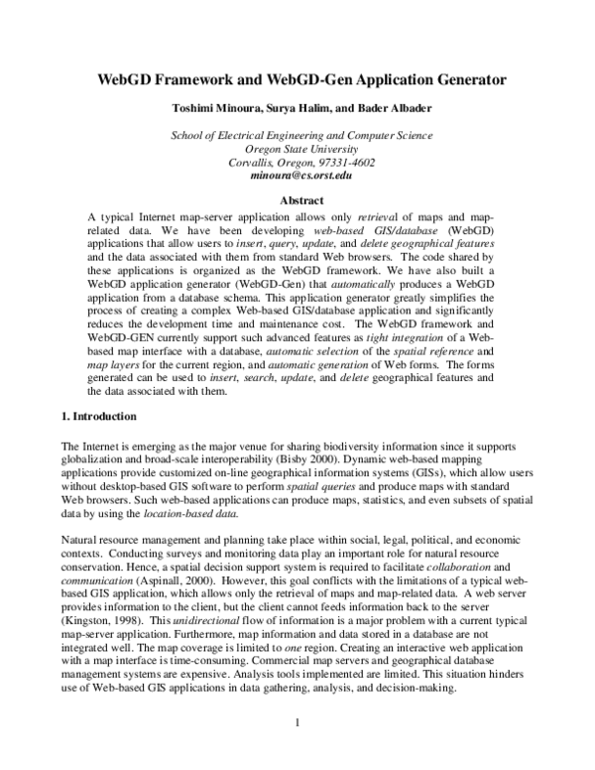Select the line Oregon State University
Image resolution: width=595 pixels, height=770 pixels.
click(x=297, y=147)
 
